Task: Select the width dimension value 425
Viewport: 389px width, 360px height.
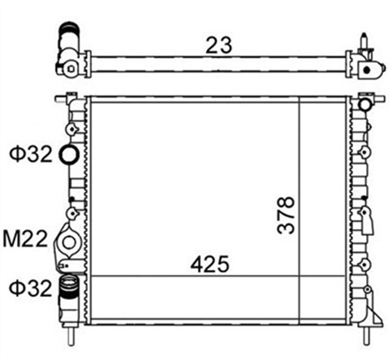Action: tap(209, 264)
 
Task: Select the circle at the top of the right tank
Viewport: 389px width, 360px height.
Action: tap(365, 105)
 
